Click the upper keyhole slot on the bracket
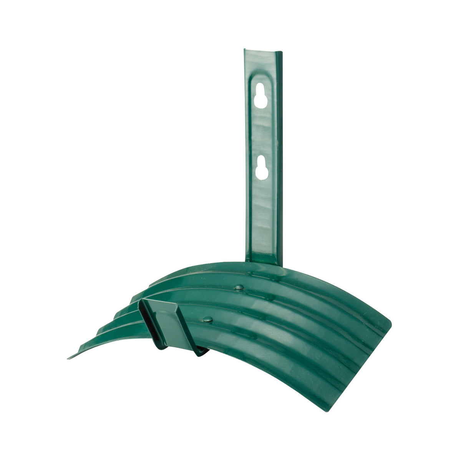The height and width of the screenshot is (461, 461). point(260,95)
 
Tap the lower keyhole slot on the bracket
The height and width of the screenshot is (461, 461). point(262,167)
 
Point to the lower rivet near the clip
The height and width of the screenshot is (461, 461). point(208,318)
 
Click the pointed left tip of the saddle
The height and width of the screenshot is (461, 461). point(69,358)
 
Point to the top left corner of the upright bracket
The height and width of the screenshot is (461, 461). point(245,50)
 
